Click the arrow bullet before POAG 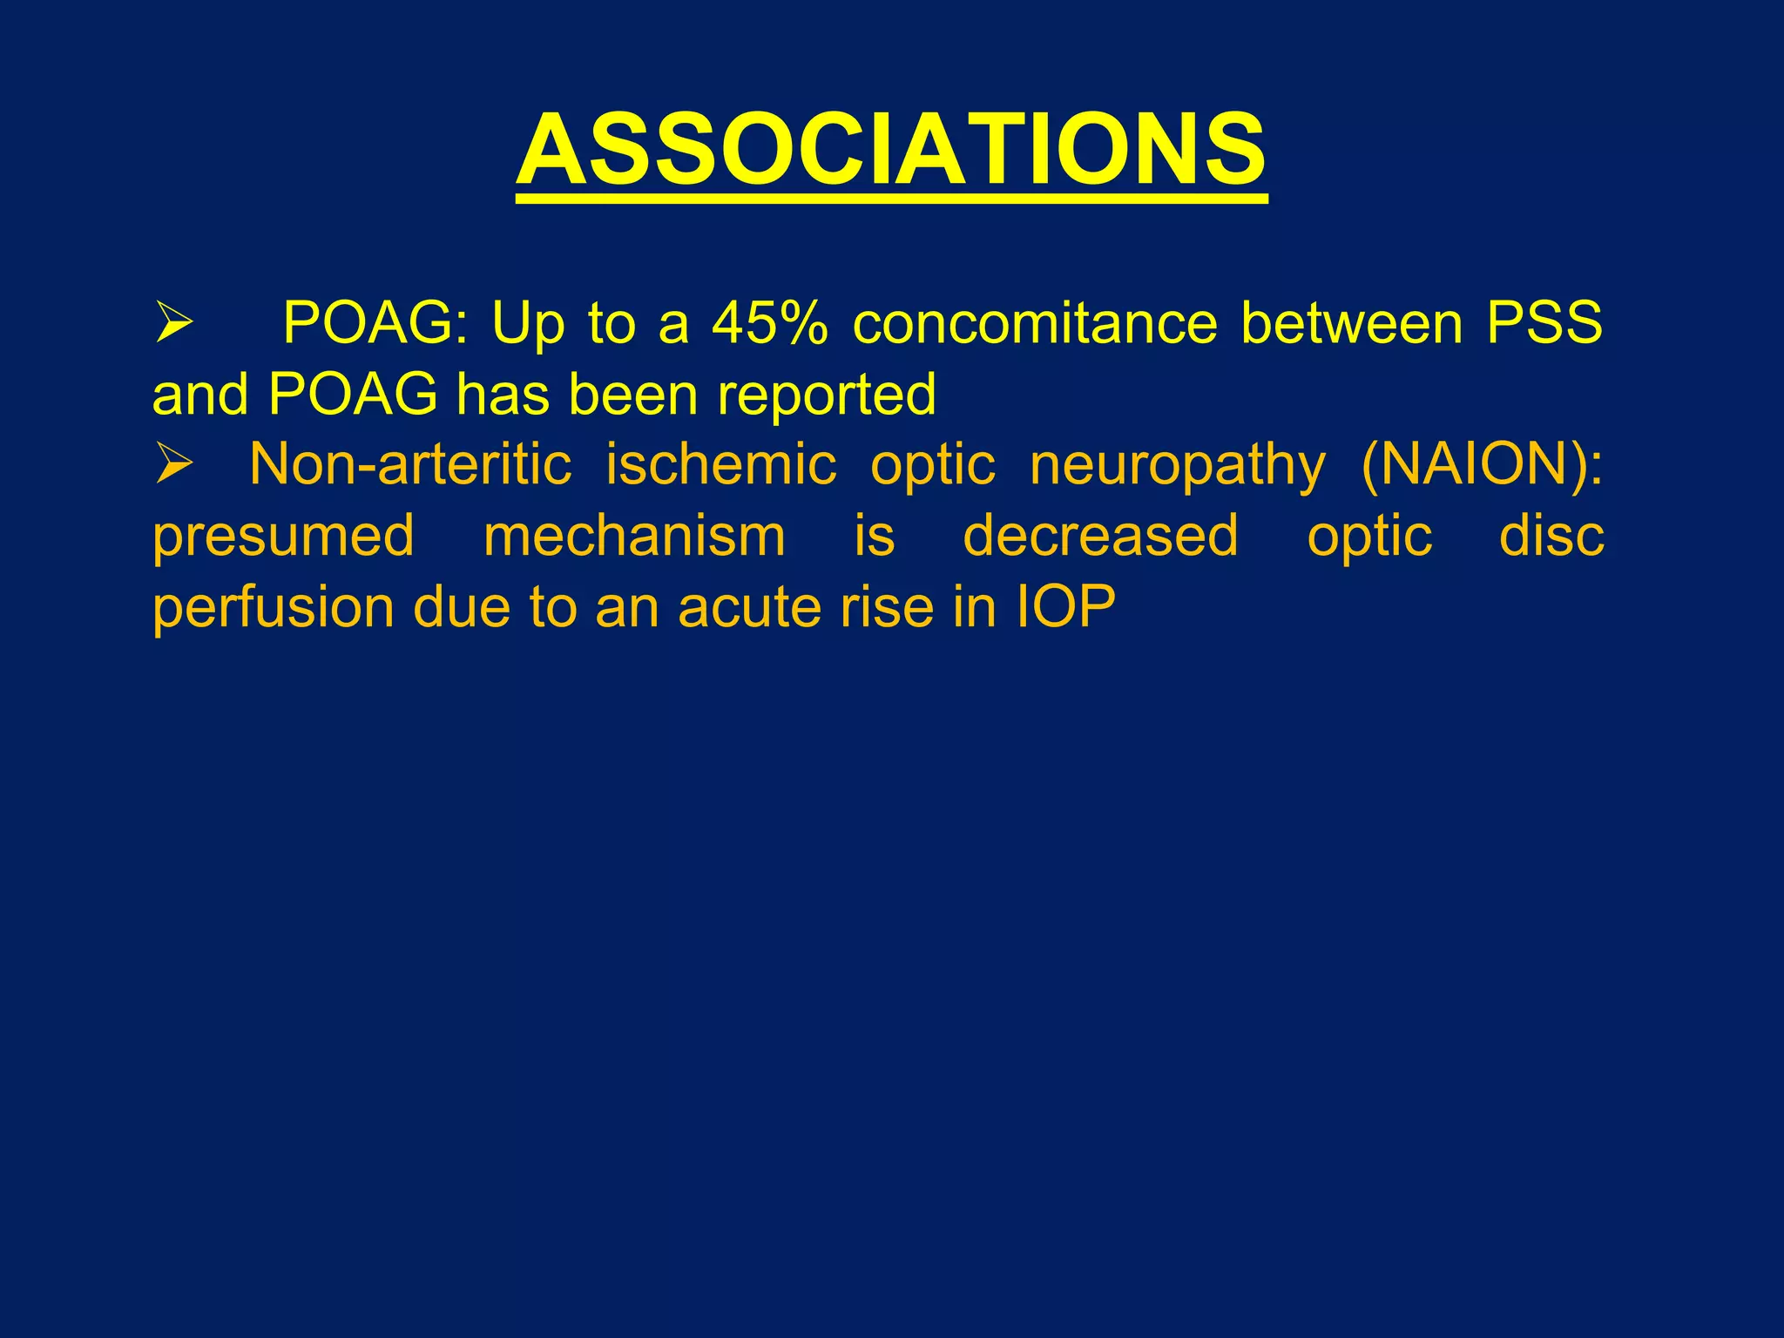click(173, 322)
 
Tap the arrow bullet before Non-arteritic click(173, 463)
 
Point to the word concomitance click(1035, 324)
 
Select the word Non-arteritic click(410, 463)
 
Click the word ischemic click(720, 463)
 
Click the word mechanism click(634, 536)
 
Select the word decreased click(1100, 536)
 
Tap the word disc click(1551, 536)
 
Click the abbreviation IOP click(1065, 607)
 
